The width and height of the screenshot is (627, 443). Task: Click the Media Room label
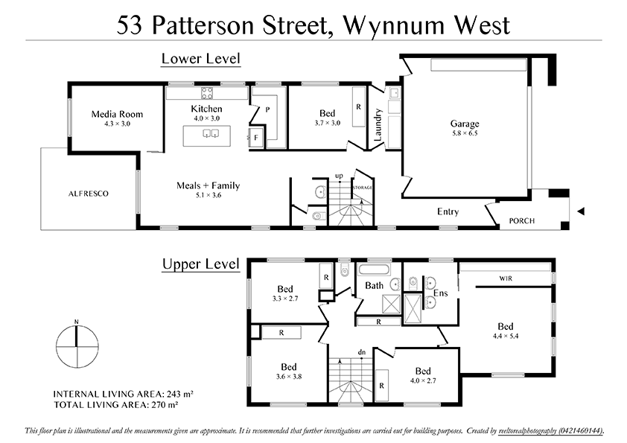click(117, 114)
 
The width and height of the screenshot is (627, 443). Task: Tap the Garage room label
click(465, 124)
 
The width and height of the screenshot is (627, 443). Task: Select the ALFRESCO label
click(89, 194)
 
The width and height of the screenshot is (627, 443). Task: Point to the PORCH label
click(521, 221)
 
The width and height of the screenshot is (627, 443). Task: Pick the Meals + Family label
click(208, 185)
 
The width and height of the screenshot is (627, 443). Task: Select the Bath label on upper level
click(374, 286)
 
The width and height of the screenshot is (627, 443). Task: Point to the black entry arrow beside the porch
click(582, 212)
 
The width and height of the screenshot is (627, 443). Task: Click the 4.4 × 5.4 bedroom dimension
click(506, 336)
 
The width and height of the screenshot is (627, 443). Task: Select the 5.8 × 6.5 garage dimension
click(464, 133)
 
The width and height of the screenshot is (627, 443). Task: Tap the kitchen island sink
click(208, 134)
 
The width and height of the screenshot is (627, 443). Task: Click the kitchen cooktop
click(206, 93)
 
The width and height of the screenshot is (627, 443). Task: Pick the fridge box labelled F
click(256, 138)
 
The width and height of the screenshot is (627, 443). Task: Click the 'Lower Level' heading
click(201, 59)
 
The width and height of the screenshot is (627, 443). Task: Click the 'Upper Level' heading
click(201, 264)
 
